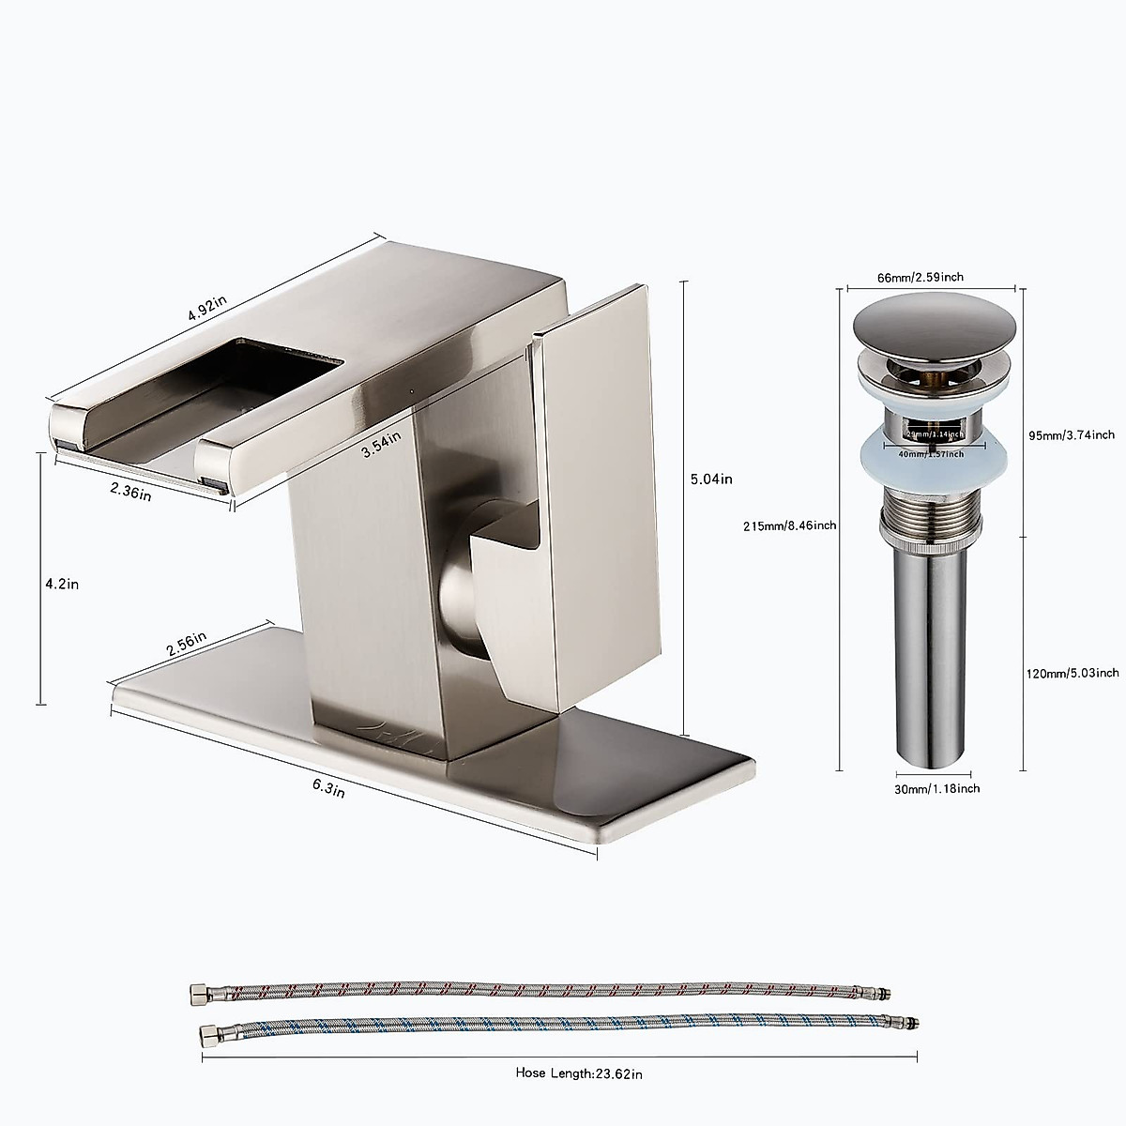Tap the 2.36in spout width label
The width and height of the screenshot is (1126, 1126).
pyautogui.click(x=130, y=490)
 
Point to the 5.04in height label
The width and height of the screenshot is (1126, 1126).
pyautogui.click(x=710, y=479)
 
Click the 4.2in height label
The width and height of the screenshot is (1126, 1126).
pyautogui.click(x=61, y=583)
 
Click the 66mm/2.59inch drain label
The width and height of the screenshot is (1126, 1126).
pyautogui.click(x=919, y=277)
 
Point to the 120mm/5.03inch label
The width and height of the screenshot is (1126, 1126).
pyautogui.click(x=1071, y=672)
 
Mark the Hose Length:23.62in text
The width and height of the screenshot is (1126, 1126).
pyautogui.click(x=579, y=1073)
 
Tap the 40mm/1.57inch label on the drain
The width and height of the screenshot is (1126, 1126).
pyautogui.click(x=931, y=454)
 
